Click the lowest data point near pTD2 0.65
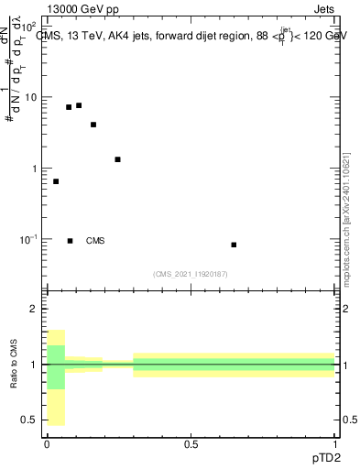[x=234, y=245]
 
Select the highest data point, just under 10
[x=79, y=105]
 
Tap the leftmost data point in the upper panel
[x=56, y=181]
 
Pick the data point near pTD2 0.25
[x=117, y=159]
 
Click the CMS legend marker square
[x=70, y=241]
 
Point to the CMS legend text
[x=95, y=241]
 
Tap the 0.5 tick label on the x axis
[x=191, y=444]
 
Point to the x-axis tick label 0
[x=47, y=444]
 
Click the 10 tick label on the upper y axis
[x=30, y=97]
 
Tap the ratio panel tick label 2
[x=35, y=309]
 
